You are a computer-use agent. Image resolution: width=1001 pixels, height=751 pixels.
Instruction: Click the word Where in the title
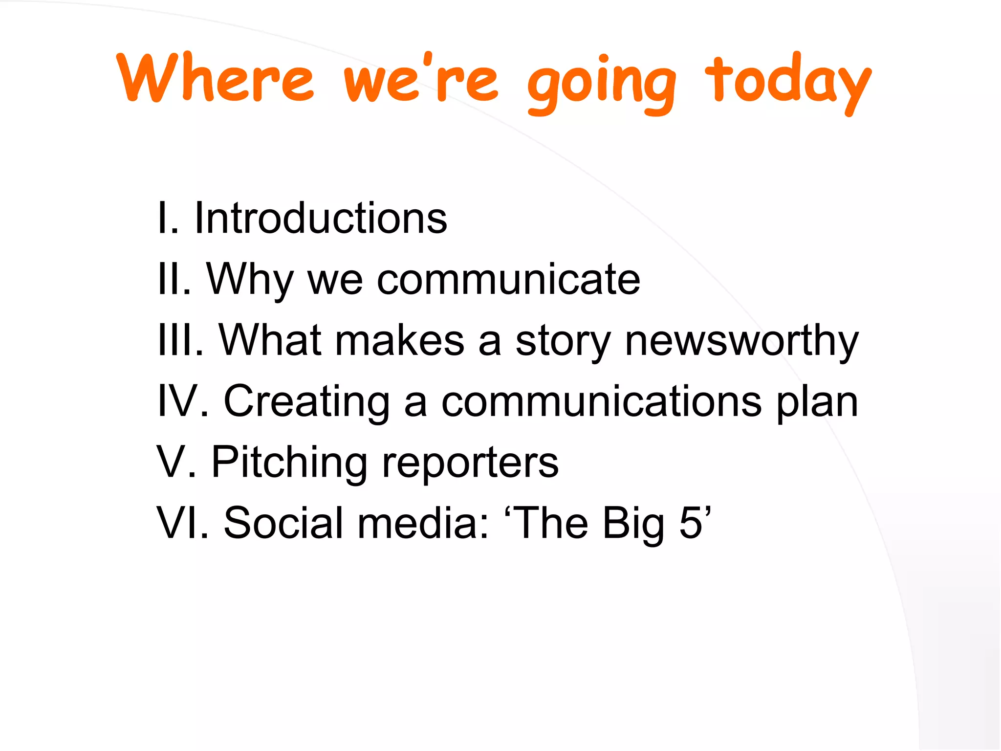tap(215, 78)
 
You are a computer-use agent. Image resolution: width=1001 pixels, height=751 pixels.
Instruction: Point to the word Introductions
tap(321, 218)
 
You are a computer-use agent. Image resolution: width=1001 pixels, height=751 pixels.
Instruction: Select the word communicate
tap(508, 280)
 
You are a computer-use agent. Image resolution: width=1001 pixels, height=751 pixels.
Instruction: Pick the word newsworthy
tap(741, 342)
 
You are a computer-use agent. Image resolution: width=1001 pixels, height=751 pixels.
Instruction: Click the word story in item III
tap(563, 342)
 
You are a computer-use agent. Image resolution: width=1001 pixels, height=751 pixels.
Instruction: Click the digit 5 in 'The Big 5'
tap(691, 523)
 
